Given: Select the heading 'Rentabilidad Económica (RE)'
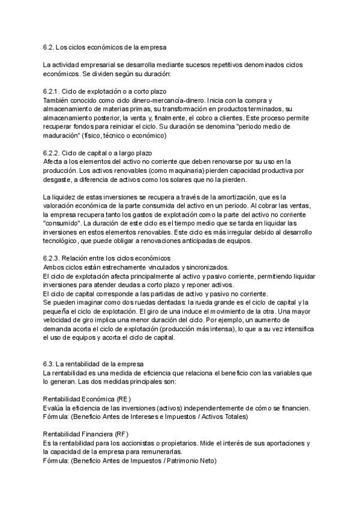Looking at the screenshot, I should tap(87, 399).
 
